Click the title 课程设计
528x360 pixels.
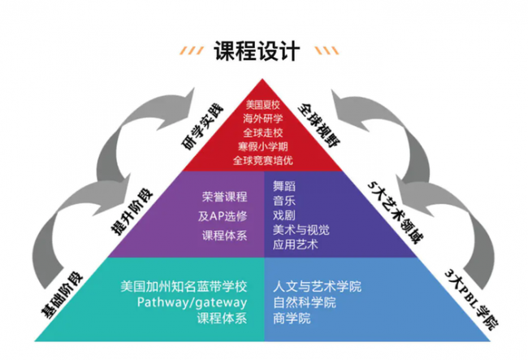point(257,51)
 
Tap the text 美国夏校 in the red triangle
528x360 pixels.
point(262,105)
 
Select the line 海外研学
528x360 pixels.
point(262,119)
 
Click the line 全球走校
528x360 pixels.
point(262,132)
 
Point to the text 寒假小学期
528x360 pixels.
point(262,146)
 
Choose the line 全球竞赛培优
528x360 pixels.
point(262,160)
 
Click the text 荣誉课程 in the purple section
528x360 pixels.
point(224,197)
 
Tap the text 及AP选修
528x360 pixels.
point(223,216)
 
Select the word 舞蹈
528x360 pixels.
point(284,186)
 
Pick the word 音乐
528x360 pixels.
point(284,201)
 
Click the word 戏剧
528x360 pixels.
point(284,215)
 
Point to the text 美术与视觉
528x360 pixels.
point(301,230)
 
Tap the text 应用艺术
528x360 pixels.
point(296,245)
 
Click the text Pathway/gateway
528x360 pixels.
point(192,302)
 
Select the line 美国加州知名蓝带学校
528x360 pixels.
point(184,287)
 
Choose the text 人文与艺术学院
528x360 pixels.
point(317,287)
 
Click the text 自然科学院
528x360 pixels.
point(305,302)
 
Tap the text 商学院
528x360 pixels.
point(292,319)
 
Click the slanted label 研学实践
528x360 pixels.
point(203,127)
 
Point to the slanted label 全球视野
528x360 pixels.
point(319,125)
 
